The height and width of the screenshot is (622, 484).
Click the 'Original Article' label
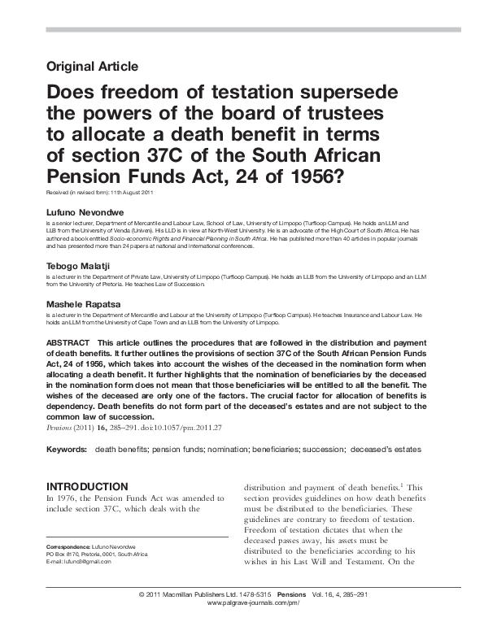(93, 67)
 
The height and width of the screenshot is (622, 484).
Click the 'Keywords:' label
(67, 450)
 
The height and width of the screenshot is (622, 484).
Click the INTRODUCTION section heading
(88, 485)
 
